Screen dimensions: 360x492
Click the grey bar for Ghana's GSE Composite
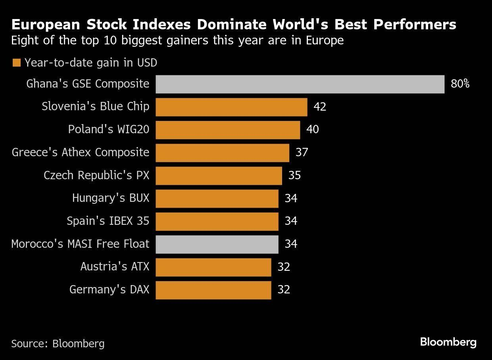[300, 84]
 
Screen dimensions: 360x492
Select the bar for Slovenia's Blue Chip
[231, 107]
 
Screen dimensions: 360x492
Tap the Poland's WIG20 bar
[228, 130]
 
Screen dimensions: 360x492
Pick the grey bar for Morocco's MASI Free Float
[217, 244]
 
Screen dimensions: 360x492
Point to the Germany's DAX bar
[213, 290]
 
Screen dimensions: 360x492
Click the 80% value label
[460, 84]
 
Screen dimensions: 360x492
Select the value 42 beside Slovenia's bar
[319, 107]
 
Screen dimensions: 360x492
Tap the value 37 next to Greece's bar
[302, 153]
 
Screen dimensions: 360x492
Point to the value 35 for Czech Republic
[294, 175]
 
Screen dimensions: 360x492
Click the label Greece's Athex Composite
[81, 153]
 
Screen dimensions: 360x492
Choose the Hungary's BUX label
[111, 198]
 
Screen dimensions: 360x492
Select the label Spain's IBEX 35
[108, 221]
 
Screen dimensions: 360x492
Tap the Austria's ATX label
[115, 266]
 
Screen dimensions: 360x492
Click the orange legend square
[17, 63]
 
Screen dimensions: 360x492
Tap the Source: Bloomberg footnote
[58, 343]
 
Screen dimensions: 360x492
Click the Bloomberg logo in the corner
[448, 342]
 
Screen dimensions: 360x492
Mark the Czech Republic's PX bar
[219, 175]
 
